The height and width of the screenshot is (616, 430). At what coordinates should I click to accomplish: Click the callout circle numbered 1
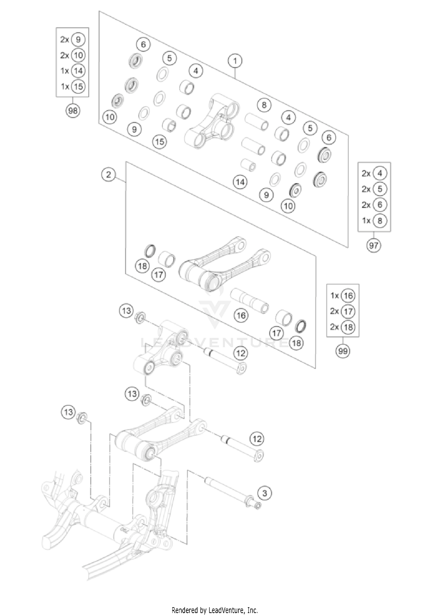[235, 61]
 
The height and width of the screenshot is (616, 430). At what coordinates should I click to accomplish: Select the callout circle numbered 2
[108, 174]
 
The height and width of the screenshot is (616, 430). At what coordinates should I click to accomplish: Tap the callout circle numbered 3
[264, 493]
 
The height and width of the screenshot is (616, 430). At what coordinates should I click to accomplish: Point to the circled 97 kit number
[374, 245]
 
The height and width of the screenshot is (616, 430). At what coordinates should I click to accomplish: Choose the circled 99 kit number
[343, 351]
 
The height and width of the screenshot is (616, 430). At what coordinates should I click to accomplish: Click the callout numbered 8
[264, 105]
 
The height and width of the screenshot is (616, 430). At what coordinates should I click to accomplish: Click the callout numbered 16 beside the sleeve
[241, 315]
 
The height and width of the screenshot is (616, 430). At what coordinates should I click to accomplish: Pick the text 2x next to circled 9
[64, 40]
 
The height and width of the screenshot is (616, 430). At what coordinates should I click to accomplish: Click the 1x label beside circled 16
[335, 296]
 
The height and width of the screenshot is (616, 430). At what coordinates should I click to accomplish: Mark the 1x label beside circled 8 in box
[366, 221]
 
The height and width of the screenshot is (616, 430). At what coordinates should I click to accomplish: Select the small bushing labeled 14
[248, 165]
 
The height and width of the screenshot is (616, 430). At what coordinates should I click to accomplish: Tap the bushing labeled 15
[169, 126]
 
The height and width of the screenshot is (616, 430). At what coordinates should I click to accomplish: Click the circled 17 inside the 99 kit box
[348, 311]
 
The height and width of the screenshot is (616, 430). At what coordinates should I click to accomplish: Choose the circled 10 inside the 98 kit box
[78, 55]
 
